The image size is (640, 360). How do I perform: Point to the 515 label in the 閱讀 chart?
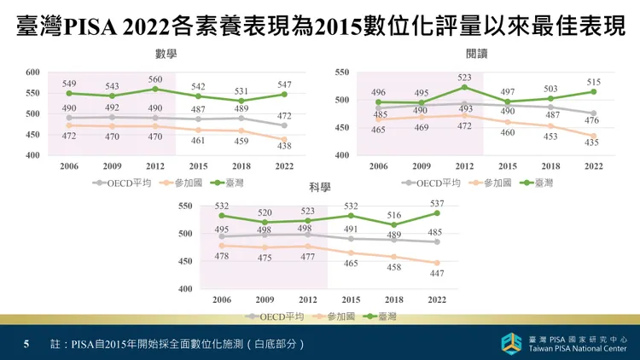coord(593,82)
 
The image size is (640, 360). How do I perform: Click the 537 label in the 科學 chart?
coord(436,204)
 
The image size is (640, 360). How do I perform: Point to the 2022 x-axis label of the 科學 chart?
coord(436,299)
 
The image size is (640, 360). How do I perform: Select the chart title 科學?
coord(320,186)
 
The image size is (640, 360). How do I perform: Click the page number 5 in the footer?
coord(26,344)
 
